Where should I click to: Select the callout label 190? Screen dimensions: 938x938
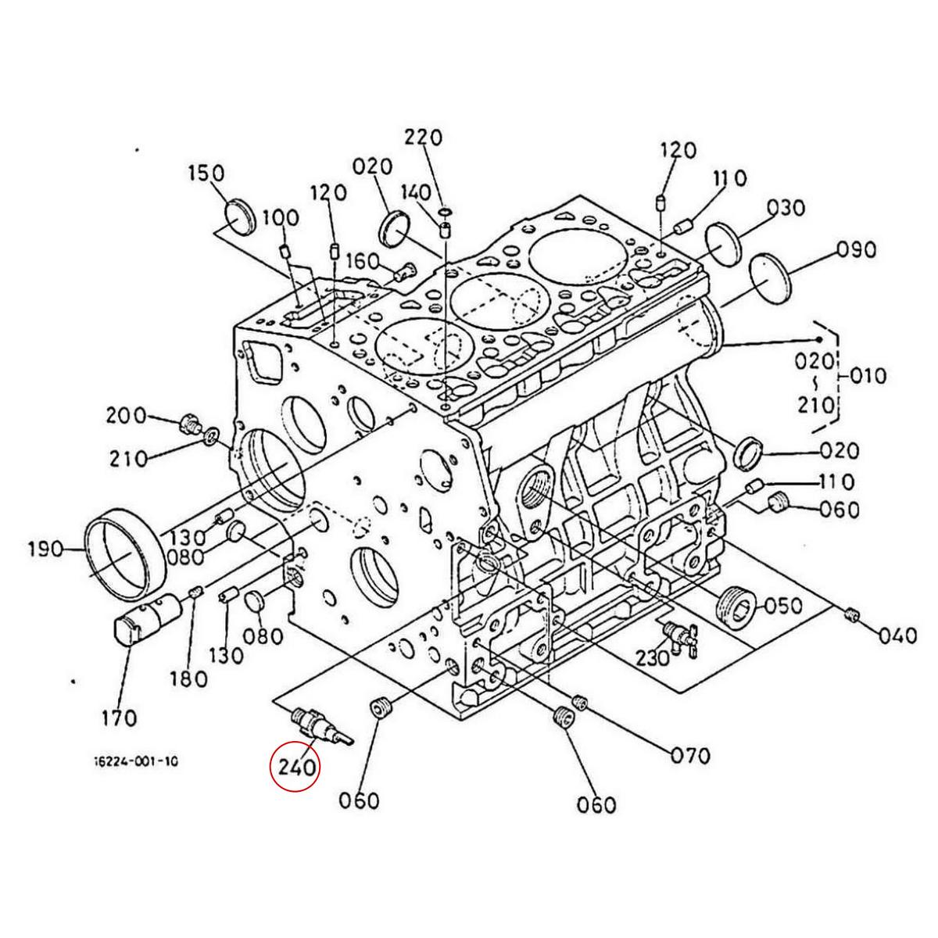46,550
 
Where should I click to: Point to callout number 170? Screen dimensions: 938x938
120,718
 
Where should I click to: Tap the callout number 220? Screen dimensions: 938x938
424,138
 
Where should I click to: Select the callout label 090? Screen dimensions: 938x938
857,249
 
